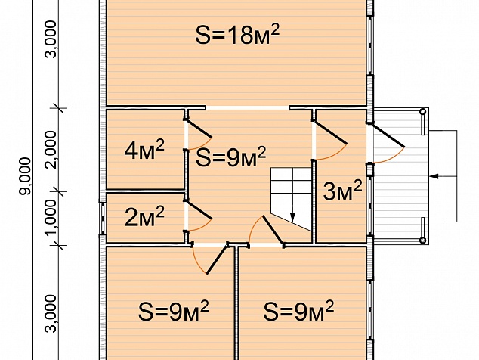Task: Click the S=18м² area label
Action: tap(237, 35)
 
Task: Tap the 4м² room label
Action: tap(144, 149)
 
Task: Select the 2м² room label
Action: tap(144, 216)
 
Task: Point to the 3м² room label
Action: tap(342, 191)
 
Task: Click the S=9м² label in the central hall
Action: tap(230, 157)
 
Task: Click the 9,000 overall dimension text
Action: tap(25, 176)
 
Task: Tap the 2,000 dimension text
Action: tap(51, 150)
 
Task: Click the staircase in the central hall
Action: tap(292, 200)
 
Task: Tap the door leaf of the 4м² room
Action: tap(199, 129)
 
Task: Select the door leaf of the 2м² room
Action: tap(199, 209)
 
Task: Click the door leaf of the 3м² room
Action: tap(330, 133)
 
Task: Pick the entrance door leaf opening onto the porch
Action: tap(388, 135)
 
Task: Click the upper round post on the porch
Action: tap(423, 112)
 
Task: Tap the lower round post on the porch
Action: tap(423, 241)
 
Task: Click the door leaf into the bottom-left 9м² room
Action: tap(217, 259)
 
